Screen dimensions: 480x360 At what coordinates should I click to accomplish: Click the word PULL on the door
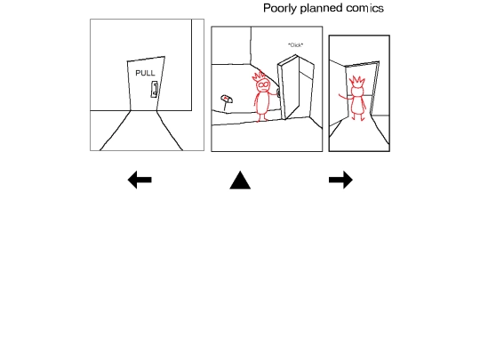click(145, 73)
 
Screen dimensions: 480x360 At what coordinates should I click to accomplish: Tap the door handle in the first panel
click(155, 90)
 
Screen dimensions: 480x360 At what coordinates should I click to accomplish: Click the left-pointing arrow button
click(140, 180)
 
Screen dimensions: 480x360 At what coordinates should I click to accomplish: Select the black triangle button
click(240, 180)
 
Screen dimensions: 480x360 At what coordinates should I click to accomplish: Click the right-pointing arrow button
click(340, 180)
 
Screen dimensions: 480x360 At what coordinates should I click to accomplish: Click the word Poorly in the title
click(280, 8)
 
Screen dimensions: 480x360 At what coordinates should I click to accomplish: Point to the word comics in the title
click(365, 8)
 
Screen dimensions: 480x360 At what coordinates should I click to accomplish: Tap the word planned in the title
click(321, 8)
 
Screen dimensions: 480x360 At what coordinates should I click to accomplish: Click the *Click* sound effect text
click(296, 45)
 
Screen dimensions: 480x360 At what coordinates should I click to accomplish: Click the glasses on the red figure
click(263, 84)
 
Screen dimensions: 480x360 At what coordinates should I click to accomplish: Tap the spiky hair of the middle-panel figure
click(259, 76)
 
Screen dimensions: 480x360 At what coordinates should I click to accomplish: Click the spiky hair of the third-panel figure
click(356, 82)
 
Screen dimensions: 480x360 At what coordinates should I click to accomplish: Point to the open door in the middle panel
click(295, 86)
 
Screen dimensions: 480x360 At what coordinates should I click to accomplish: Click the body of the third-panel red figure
click(357, 105)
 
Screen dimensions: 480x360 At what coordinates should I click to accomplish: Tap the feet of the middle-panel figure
click(262, 119)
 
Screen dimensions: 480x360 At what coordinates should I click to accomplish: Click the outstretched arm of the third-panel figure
click(345, 98)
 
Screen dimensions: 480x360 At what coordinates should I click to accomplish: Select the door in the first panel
click(146, 84)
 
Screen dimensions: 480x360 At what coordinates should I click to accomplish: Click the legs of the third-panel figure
click(358, 117)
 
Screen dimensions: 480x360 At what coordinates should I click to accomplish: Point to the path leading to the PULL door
click(142, 132)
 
